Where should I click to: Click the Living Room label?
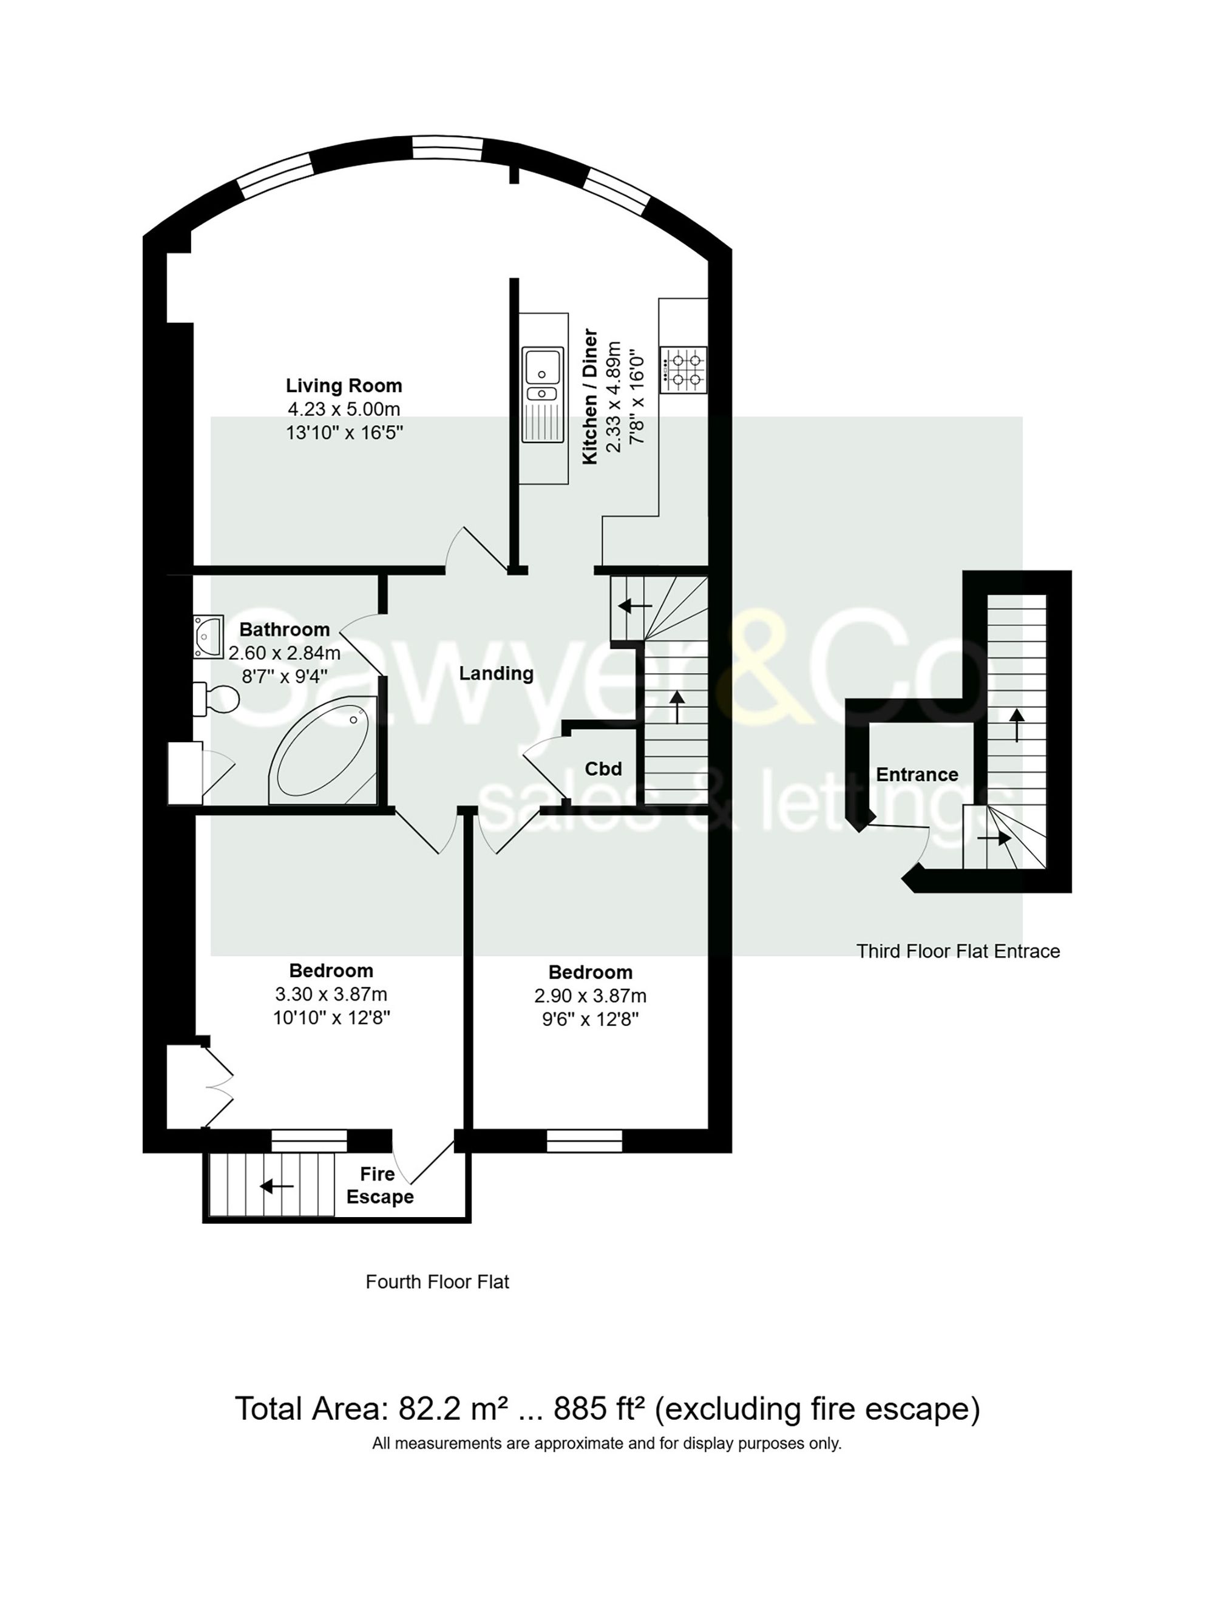click(343, 385)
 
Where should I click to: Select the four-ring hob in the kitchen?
click(683, 369)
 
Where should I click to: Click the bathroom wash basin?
click(208, 637)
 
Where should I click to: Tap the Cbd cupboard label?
click(603, 768)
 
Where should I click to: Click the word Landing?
click(496, 673)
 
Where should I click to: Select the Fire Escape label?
click(379, 1185)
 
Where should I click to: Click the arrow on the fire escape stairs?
click(277, 1187)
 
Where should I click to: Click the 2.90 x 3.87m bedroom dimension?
click(590, 995)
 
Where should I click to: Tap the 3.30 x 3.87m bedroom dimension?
click(331, 994)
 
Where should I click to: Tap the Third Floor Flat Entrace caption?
click(958, 951)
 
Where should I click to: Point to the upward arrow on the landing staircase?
click(677, 707)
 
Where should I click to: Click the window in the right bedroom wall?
click(584, 1141)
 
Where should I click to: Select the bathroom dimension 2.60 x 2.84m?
click(284, 653)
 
